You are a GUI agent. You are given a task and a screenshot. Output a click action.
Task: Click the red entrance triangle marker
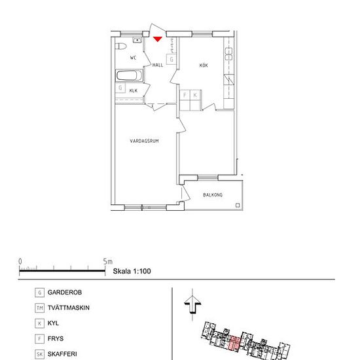(158, 39)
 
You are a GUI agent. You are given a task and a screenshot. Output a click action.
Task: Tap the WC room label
(133, 58)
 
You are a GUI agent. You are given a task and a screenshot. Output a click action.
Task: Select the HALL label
(158, 65)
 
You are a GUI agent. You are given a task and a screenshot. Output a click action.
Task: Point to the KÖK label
(204, 65)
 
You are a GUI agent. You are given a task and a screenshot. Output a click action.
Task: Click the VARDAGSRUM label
(144, 141)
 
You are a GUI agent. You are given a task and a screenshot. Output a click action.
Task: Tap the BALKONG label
(213, 195)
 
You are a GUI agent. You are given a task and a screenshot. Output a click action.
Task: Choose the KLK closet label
(134, 91)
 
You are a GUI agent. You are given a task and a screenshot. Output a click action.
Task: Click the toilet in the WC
(121, 46)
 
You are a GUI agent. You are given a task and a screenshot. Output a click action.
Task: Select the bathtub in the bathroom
(129, 75)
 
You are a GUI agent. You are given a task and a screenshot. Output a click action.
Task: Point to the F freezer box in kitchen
(185, 95)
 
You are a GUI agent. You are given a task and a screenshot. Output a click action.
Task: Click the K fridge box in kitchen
(195, 95)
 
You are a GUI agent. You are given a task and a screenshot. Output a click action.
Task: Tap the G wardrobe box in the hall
(171, 60)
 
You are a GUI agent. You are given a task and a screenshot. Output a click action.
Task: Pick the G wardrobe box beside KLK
(120, 88)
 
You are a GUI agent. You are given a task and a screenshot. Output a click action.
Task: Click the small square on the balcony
(238, 206)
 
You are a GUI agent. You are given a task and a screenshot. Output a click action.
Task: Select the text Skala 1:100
(132, 271)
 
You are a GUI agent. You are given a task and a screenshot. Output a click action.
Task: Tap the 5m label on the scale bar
(108, 262)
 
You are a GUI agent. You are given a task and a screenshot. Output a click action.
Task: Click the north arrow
(192, 304)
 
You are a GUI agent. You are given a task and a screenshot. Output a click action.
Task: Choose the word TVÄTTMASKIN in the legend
(69, 308)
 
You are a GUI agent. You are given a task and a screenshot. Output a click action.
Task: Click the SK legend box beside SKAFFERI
(39, 354)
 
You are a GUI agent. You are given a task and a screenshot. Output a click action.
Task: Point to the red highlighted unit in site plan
(234, 343)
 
